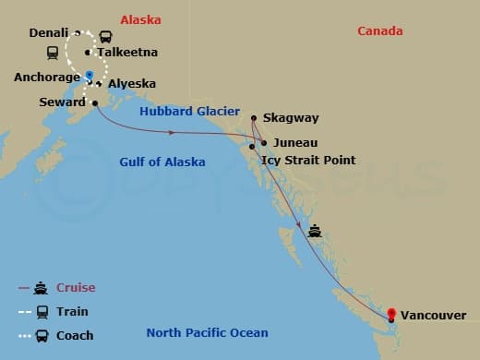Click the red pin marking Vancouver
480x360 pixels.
391,313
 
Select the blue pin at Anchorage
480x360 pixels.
89,75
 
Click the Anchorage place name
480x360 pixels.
46,77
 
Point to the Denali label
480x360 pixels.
49,32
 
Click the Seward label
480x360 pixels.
63,102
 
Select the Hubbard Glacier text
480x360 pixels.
189,112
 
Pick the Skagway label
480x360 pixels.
290,118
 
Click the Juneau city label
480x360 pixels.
294,143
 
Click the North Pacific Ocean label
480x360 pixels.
207,333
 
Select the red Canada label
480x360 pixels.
380,31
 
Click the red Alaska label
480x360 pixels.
140,18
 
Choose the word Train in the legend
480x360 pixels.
73,312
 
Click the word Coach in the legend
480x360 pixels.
75,335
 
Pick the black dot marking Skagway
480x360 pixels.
254,117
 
